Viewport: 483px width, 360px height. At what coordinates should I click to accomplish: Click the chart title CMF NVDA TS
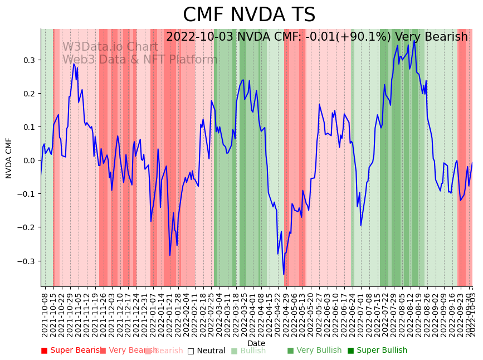point(249,15)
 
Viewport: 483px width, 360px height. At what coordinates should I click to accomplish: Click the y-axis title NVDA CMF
point(9,158)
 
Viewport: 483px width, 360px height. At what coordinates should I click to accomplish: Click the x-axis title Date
point(256,343)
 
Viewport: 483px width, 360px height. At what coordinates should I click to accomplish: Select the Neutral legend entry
point(207,351)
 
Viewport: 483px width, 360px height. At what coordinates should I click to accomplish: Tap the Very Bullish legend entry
point(314,351)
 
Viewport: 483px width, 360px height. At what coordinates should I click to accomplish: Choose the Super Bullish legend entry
point(377,351)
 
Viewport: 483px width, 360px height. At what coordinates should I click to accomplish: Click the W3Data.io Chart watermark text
point(110,47)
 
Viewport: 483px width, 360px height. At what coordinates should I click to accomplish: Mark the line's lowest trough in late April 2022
point(284,274)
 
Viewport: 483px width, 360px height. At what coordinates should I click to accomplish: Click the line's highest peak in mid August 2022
point(414,40)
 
